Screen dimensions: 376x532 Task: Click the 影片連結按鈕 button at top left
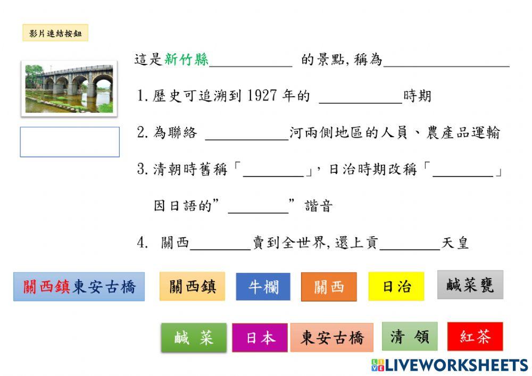(55, 34)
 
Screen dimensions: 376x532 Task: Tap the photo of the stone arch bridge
(69, 88)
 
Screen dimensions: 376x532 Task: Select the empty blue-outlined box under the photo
(70, 142)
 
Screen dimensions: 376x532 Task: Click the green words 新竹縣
(186, 60)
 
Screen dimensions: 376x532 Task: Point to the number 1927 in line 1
(262, 96)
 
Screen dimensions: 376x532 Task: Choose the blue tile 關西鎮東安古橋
(79, 287)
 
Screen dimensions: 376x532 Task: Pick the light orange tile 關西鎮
(192, 287)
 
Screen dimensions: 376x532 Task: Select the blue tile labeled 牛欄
(263, 287)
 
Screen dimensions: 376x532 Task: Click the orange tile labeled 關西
(329, 287)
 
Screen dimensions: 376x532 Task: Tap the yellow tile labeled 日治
(396, 287)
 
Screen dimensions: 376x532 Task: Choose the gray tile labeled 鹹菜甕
(470, 285)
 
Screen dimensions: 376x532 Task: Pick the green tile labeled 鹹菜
(194, 338)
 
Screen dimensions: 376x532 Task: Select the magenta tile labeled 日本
(260, 338)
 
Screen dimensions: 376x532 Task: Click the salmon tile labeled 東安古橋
(332, 338)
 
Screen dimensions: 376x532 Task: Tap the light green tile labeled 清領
(410, 337)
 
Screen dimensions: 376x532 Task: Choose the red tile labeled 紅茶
(475, 337)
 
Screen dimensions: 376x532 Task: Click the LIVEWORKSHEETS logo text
(456, 365)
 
